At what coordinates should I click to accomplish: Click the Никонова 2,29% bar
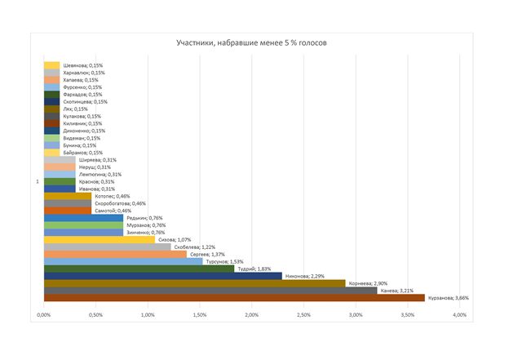pyautogui.click(x=162, y=276)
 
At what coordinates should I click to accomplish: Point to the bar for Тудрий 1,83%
pyautogui.click(x=139, y=269)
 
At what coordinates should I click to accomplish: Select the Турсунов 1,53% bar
pyautogui.click(x=123, y=261)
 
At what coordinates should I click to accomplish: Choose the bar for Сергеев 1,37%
pyautogui.click(x=115, y=254)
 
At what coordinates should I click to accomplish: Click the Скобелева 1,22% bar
pyautogui.click(x=107, y=247)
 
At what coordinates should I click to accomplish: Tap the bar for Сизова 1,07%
pyautogui.click(x=99, y=239)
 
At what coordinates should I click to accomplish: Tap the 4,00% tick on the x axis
pyautogui.click(x=459, y=315)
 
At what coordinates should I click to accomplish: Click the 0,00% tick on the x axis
pyautogui.click(x=45, y=315)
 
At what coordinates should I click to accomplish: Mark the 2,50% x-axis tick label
pyautogui.click(x=303, y=315)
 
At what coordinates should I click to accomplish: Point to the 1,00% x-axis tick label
pyautogui.click(x=148, y=315)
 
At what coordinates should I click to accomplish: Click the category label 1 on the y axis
pyautogui.click(x=37, y=181)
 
